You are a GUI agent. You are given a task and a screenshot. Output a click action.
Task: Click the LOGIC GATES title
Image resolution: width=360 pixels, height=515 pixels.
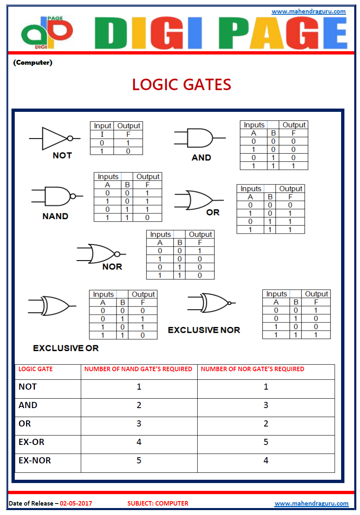point(182,85)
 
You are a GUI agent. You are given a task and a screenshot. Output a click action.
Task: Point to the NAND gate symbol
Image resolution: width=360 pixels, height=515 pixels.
point(57,196)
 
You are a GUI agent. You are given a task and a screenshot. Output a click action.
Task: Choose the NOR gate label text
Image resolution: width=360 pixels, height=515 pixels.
point(112,267)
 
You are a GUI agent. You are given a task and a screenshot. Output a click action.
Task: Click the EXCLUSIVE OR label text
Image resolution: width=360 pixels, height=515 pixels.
point(66,348)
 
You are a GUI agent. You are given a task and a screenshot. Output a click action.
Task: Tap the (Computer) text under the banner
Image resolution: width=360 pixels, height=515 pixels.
point(33,63)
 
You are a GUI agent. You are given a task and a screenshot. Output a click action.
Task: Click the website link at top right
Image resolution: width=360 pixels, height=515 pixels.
point(309,11)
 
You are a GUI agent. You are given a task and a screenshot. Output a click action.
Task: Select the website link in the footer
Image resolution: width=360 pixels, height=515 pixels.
point(311,504)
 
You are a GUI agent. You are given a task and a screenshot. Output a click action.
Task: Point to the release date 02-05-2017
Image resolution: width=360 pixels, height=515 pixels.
point(76,504)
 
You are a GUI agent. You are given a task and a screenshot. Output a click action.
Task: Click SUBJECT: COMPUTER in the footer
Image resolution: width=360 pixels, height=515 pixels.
point(158,504)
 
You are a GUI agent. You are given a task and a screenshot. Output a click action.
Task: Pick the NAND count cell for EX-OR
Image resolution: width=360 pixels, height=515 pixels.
point(139,442)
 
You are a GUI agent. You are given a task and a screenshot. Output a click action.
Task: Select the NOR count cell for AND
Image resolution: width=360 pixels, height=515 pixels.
point(266,405)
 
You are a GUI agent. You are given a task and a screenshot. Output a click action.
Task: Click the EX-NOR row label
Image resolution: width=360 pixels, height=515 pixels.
point(35,461)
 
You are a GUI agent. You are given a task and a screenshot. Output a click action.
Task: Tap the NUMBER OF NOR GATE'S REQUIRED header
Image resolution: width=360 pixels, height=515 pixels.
point(253,369)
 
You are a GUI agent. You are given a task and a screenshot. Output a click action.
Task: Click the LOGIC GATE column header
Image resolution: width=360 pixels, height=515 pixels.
point(36,369)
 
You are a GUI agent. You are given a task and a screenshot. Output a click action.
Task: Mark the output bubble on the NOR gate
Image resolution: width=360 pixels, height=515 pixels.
point(117,254)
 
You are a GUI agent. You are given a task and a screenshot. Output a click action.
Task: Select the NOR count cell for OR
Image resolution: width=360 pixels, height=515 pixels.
point(266,424)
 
